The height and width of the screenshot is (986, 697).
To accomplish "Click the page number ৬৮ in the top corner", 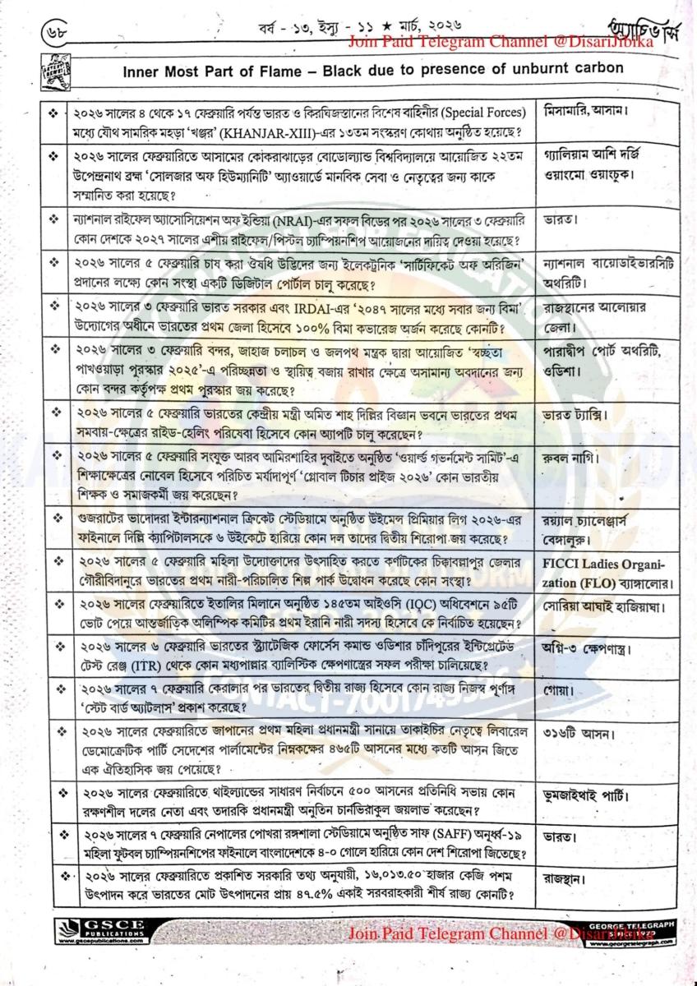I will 51,37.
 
